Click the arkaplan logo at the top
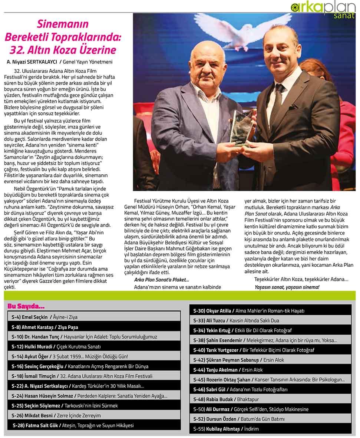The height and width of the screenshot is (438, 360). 322,7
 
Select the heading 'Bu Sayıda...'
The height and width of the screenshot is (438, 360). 26,307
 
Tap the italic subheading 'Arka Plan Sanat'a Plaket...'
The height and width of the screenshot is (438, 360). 161,280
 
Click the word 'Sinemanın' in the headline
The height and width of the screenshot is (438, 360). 63,25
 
